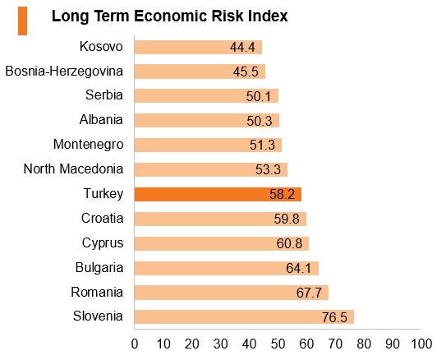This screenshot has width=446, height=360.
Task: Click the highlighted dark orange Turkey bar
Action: [x=218, y=194]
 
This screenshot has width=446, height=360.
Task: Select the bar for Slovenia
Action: [x=244, y=316]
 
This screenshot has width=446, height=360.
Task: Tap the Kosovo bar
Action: [x=198, y=47]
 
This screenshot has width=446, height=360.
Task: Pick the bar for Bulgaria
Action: [x=227, y=269]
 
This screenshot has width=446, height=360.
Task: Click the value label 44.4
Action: [x=242, y=47]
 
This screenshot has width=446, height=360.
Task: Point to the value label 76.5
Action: [x=334, y=317]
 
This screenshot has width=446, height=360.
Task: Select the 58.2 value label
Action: [x=282, y=194]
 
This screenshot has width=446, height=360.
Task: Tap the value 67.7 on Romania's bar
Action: [x=309, y=293]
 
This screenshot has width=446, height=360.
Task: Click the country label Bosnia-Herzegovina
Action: [x=64, y=72]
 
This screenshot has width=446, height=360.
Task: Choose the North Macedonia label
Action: [x=73, y=168]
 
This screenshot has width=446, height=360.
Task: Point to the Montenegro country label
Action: [x=89, y=145]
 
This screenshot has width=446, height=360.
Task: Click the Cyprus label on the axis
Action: [x=103, y=243]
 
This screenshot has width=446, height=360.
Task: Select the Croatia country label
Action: [x=103, y=219]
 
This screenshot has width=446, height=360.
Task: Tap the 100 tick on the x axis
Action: [x=421, y=344]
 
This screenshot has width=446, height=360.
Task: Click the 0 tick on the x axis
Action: [x=135, y=344]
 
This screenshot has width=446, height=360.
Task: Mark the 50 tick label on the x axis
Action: [x=278, y=344]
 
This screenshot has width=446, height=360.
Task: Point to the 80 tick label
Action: [x=364, y=344]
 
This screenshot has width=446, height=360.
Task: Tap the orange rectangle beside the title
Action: [x=22, y=21]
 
